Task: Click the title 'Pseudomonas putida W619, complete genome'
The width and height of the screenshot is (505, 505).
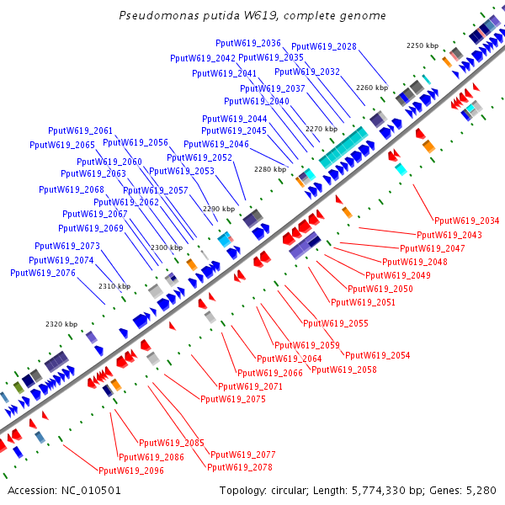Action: pyautogui.click(x=252, y=16)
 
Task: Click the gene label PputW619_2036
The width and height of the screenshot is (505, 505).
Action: pyautogui.click(x=248, y=43)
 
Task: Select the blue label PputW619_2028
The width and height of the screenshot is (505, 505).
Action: pyautogui.click(x=324, y=46)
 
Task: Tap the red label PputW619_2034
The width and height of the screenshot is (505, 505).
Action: pyautogui.click(x=466, y=221)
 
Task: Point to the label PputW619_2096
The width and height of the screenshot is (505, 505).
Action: pyautogui.click(x=131, y=470)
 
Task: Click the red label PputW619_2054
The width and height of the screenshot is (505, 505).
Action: pyautogui.click(x=378, y=355)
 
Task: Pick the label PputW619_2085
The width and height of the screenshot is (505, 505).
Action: pyautogui.click(x=172, y=443)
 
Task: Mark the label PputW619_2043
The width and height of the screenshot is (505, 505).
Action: pyautogui.click(x=449, y=235)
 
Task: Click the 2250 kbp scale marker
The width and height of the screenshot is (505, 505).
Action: pyautogui.click(x=423, y=45)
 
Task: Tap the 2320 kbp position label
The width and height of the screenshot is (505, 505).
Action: pyautogui.click(x=61, y=324)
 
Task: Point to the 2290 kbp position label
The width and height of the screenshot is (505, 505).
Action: pyautogui.click(x=218, y=208)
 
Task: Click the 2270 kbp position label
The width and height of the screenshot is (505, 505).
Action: pyautogui.click(x=321, y=129)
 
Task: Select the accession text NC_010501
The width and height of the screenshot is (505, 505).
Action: pyautogui.click(x=64, y=490)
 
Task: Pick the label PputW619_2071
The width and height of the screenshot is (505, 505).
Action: pyautogui.click(x=251, y=386)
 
